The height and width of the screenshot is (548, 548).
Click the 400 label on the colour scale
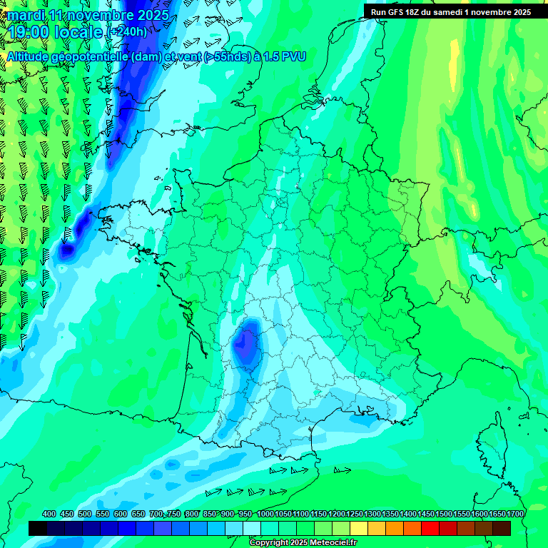pos(49,514)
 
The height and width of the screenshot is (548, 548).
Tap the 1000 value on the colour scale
pos(265,514)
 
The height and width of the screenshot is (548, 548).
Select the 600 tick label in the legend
pos(121,514)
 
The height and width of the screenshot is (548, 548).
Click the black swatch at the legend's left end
pos(38,528)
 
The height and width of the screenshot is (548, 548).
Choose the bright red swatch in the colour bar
pos(430,528)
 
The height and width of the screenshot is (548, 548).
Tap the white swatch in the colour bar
pos(252,528)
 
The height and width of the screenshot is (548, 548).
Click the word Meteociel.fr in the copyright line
pos(329,543)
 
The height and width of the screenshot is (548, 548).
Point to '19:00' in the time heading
pos(29,32)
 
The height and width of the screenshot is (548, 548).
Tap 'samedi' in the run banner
pos(454,12)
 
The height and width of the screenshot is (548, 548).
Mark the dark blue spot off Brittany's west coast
pos(68,250)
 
